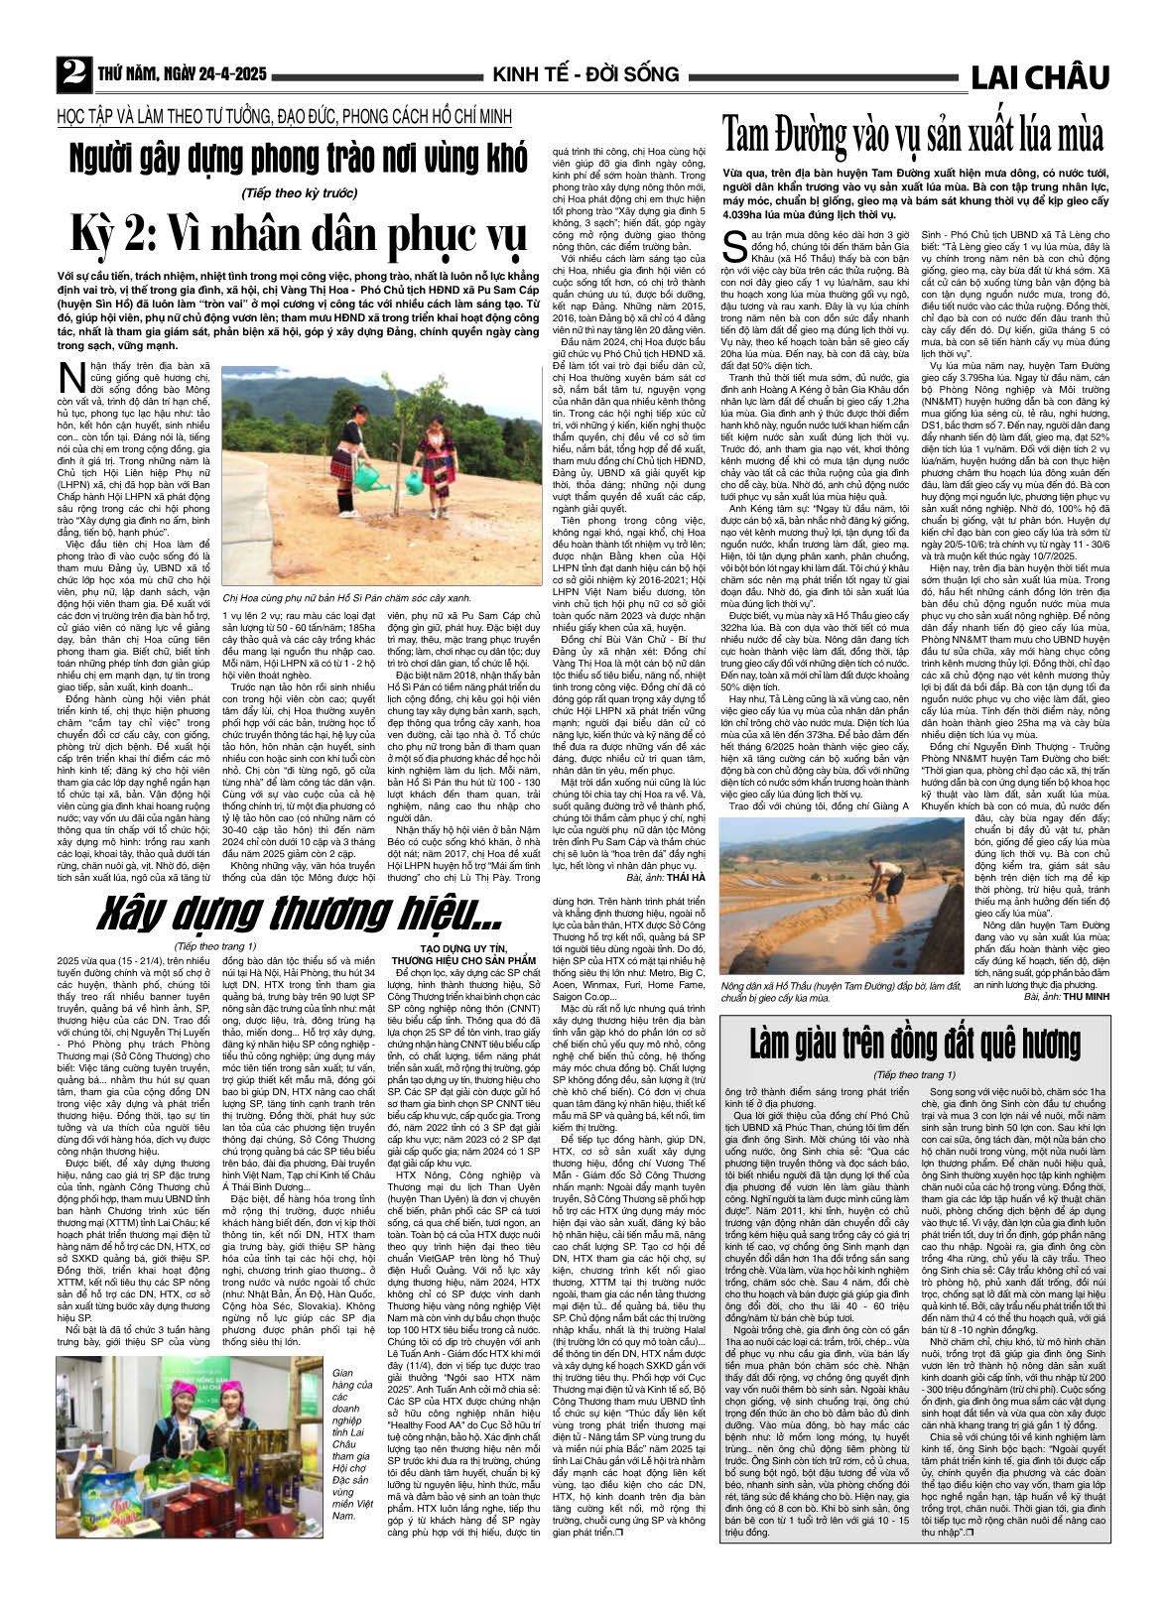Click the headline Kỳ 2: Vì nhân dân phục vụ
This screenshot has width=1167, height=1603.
(x=298, y=234)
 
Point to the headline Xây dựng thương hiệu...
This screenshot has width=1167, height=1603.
(x=303, y=911)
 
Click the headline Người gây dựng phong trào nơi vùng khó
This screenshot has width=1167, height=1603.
(x=298, y=159)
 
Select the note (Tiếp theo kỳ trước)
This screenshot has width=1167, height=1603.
(x=299, y=192)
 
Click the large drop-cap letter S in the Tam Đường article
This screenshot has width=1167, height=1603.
(x=735, y=245)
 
